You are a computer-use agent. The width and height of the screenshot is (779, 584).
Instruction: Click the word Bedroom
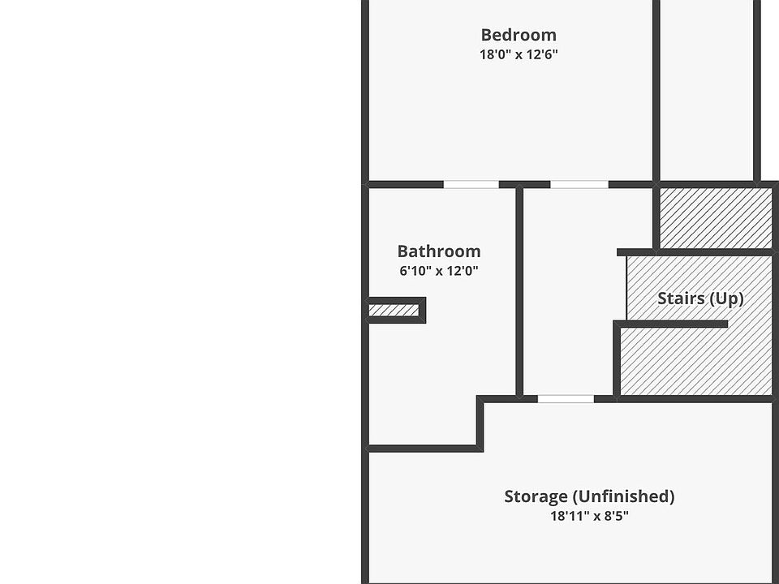pos(519,35)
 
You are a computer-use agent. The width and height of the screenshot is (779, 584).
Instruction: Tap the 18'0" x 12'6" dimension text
pos(519,55)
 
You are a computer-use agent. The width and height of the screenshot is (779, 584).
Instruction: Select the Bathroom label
pos(438,251)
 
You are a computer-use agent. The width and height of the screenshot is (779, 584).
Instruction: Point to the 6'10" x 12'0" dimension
pos(438,272)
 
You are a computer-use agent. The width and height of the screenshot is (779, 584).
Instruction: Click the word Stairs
pos(681,298)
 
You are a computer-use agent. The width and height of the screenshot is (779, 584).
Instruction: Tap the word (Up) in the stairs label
pos(725,298)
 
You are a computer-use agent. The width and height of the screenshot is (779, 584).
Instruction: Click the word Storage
pos(536,496)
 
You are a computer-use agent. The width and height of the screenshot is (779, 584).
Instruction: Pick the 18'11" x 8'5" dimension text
pos(589,516)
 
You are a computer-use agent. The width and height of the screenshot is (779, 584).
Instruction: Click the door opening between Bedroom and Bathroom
pos(471,185)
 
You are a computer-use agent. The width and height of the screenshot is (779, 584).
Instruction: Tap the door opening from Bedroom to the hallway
pos(579,185)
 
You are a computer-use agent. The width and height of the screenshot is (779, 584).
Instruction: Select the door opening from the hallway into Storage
pos(566,398)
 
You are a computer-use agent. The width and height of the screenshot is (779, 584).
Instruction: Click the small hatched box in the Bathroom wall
pos(394,310)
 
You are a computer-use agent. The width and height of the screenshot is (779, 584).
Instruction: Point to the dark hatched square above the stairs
pos(714,217)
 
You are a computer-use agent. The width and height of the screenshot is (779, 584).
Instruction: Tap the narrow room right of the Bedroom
pos(706,89)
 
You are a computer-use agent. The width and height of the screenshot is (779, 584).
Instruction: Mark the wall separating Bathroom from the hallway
pos(519,292)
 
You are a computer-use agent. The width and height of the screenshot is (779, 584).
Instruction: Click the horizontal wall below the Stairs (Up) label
pos(674,324)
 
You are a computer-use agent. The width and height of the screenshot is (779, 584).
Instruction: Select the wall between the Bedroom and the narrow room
pos(656,89)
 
